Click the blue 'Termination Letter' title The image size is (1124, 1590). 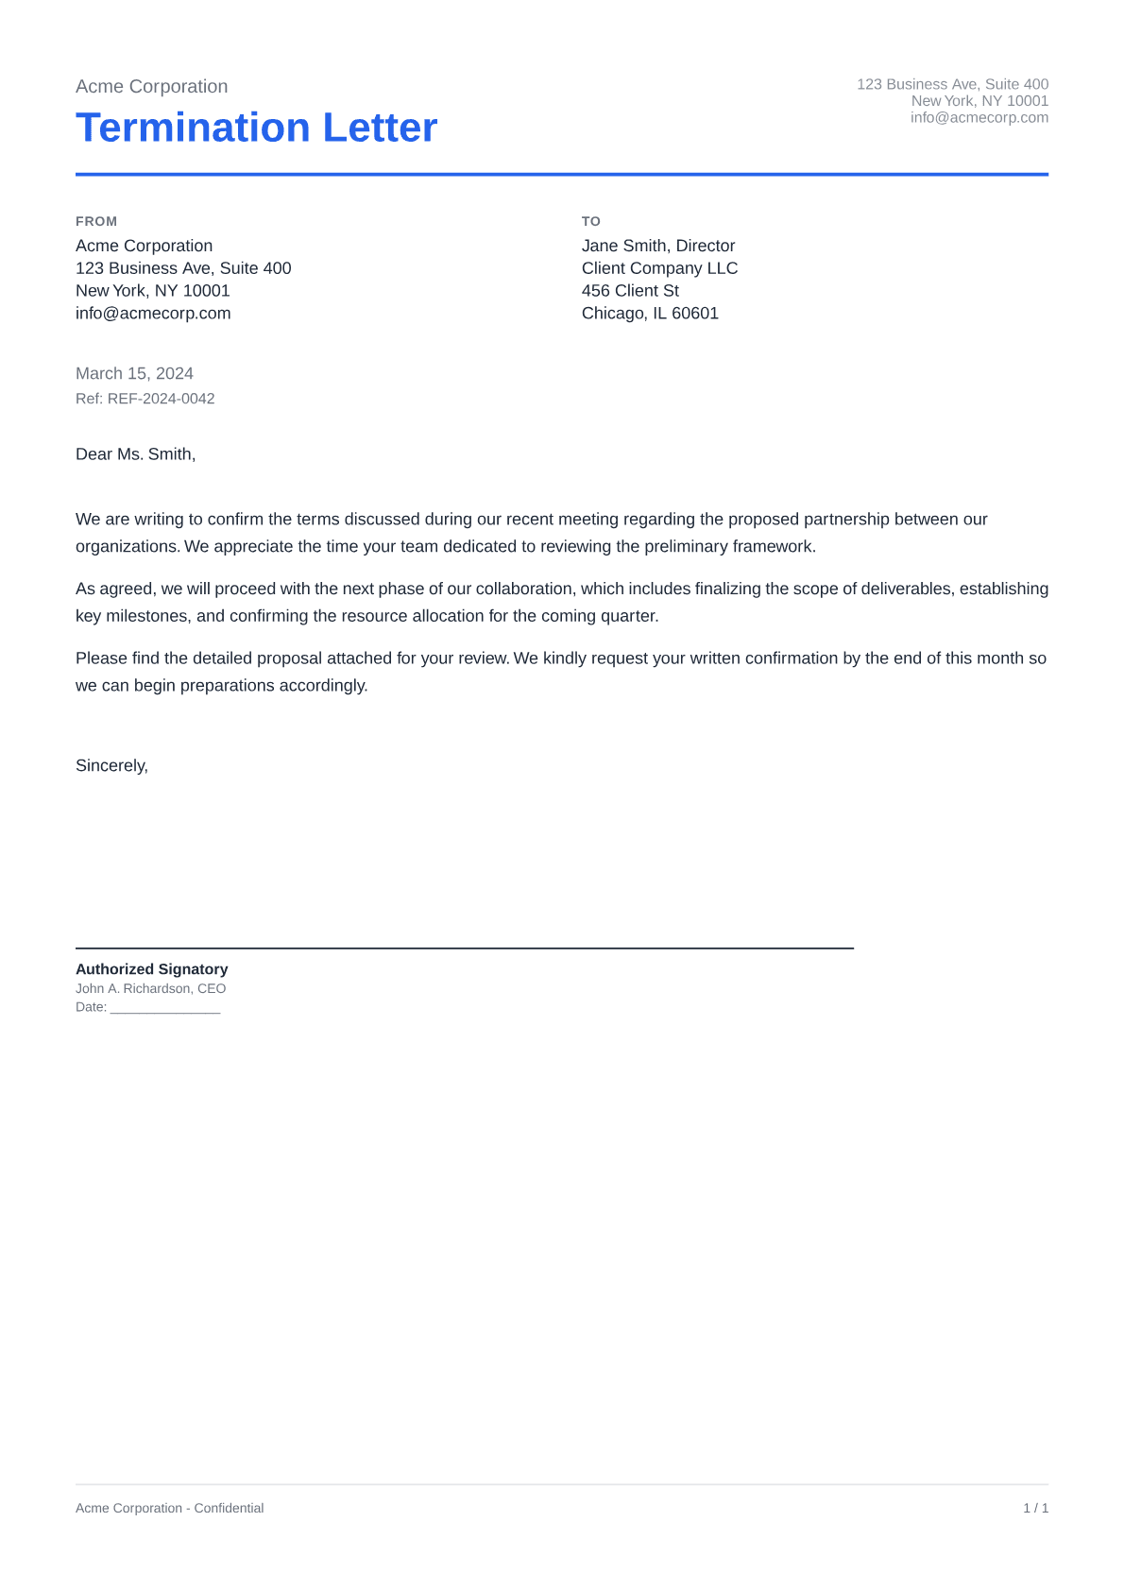coord(256,128)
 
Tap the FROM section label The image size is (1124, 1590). coord(96,221)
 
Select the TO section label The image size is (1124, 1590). coord(591,221)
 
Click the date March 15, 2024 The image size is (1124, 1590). coord(134,373)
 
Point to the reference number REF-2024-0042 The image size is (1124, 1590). coord(161,399)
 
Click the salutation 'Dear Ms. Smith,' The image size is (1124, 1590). coord(135,454)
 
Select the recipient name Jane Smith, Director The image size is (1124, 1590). coord(658,246)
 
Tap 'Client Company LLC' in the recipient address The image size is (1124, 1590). coord(659,268)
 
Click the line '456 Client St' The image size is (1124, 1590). coord(630,291)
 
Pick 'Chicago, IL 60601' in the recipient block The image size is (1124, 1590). coord(650,314)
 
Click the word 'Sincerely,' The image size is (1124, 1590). coord(111,766)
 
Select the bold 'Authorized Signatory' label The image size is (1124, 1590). coord(151,969)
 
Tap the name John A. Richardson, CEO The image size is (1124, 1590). coord(150,989)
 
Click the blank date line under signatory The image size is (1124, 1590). coord(165,1009)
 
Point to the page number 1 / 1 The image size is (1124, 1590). coord(1035,1509)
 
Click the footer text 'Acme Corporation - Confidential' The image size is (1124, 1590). coord(169,1509)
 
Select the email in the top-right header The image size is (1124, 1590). coord(979,118)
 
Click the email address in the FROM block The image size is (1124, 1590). coord(153,314)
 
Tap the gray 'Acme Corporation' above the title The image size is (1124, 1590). coord(151,87)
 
